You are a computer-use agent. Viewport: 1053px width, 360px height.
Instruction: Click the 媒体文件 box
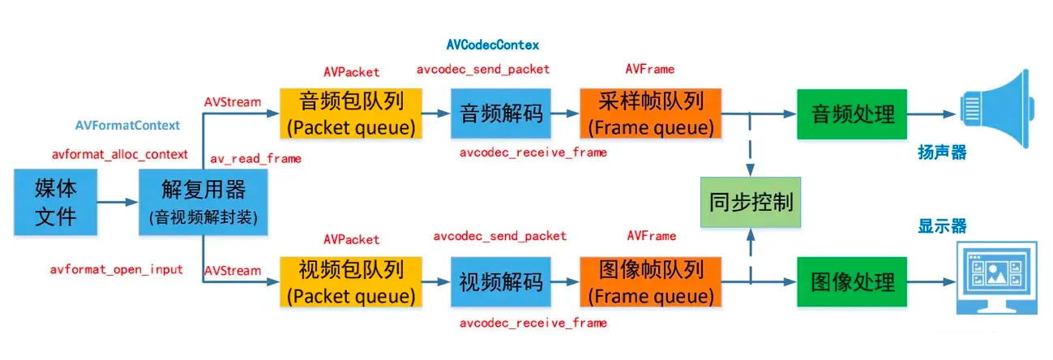[56, 202]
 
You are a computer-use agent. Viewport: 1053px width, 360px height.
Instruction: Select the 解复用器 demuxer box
[203, 202]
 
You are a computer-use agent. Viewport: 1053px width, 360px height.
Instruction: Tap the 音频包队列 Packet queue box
[351, 114]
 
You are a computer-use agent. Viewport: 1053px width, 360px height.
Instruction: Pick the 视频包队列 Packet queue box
[351, 281]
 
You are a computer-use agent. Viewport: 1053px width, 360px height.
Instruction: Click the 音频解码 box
[501, 114]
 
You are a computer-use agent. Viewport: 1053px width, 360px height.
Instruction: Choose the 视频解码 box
[501, 282]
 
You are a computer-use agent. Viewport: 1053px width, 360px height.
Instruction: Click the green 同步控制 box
[750, 202]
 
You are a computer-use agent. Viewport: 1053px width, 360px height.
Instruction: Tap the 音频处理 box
[853, 114]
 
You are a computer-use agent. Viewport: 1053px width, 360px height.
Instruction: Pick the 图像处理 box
[853, 282]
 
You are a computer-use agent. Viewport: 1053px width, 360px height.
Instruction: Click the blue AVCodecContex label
[493, 44]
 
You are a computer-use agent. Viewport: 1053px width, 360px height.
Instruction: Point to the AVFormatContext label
[127, 126]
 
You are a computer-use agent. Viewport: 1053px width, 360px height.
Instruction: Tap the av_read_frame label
[255, 158]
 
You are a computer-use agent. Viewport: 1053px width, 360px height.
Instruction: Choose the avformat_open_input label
[118, 268]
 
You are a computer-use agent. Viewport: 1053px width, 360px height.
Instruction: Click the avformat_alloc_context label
[120, 154]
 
